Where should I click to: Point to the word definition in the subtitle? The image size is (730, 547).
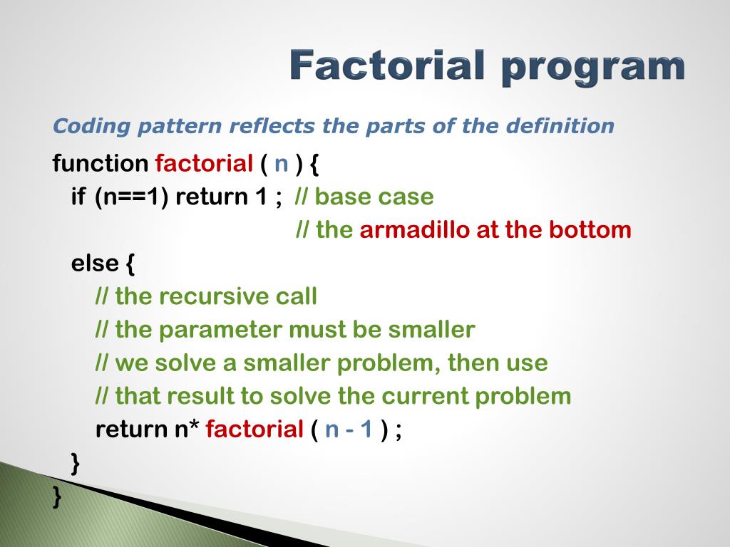tap(560, 125)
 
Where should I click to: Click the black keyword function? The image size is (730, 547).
tap(100, 163)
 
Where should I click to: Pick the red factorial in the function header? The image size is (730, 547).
tap(204, 163)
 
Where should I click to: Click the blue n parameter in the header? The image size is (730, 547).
tap(282, 165)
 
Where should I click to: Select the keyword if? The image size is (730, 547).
tap(78, 197)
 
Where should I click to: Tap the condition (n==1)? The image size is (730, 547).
tap(131, 197)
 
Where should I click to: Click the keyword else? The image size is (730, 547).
tap(95, 264)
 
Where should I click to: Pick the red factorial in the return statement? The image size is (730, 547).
tap(255, 429)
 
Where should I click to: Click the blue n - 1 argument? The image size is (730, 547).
tap(349, 429)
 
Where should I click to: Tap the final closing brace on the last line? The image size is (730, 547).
tap(57, 496)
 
